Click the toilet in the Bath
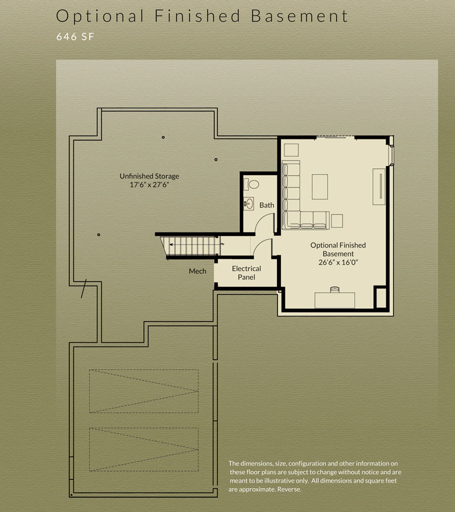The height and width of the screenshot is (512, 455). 251,184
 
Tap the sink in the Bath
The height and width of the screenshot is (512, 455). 249,204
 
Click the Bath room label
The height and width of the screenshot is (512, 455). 267,205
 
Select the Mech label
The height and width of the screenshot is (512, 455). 197,271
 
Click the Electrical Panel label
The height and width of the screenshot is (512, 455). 246,272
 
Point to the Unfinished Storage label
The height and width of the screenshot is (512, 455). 149,176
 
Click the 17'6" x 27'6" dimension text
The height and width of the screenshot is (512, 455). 149,185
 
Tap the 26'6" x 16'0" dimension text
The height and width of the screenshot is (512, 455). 338,262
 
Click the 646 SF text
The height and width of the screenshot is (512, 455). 75,36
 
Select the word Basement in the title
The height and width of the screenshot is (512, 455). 299,16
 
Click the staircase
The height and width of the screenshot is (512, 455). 190,246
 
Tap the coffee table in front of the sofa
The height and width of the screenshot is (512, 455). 320,187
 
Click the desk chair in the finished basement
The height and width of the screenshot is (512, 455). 335,290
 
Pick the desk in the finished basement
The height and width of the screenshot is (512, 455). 334,300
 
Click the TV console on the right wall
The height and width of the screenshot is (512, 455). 379,187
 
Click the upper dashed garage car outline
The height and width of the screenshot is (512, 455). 144,391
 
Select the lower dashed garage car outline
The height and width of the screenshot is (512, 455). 144,449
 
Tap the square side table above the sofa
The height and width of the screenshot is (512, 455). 291,150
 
